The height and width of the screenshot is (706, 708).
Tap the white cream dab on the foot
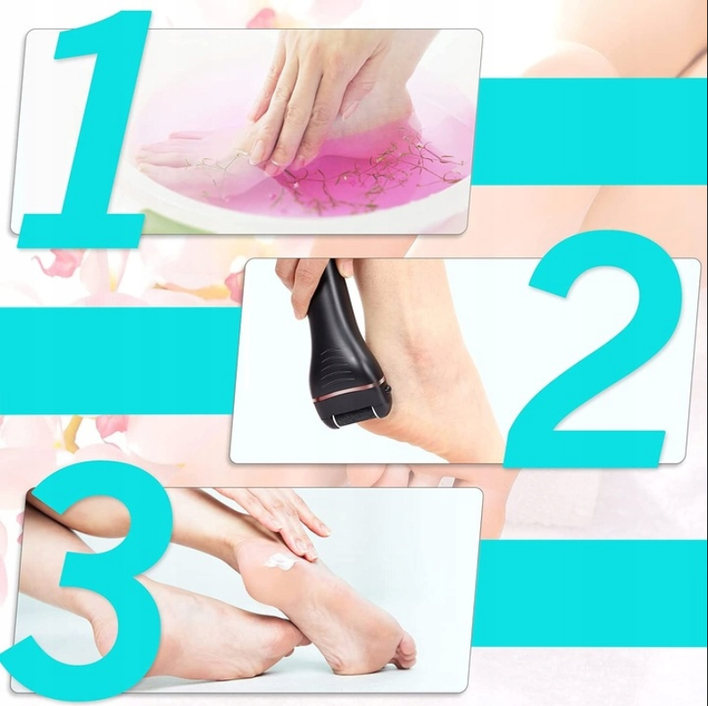[x=281, y=561]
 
